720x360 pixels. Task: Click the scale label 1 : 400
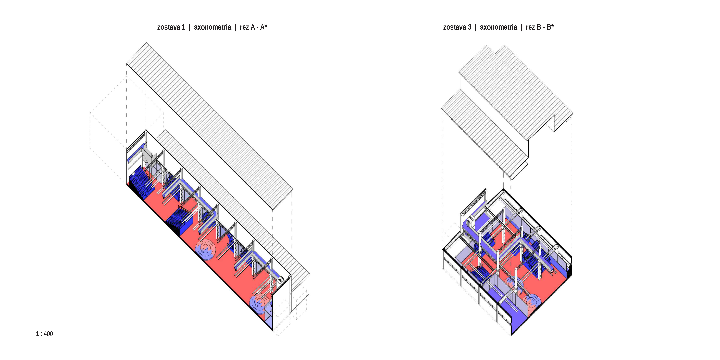click(x=44, y=334)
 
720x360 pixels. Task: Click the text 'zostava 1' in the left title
click(x=171, y=27)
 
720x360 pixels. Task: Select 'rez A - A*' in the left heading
click(x=253, y=27)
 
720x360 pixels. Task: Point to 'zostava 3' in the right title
click(x=457, y=27)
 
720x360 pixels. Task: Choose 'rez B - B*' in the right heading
click(x=540, y=27)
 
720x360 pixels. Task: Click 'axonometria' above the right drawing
click(x=499, y=27)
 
